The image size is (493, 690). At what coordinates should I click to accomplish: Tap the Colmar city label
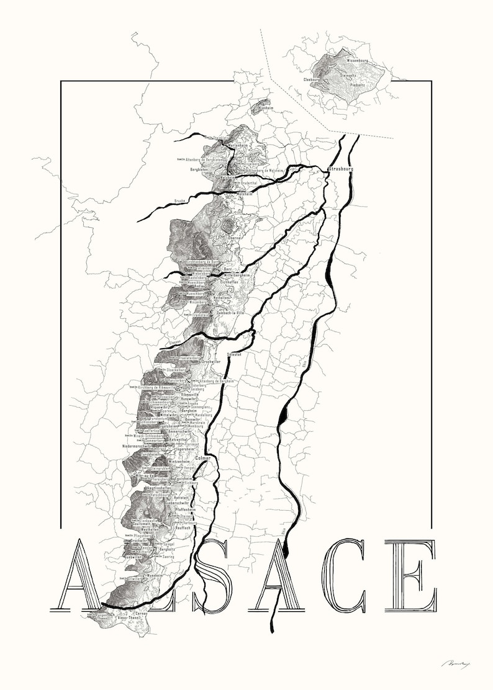click(x=203, y=459)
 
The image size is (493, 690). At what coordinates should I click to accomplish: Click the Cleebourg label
click(x=312, y=80)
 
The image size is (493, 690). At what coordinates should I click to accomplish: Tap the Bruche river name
click(x=180, y=201)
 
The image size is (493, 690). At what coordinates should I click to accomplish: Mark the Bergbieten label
click(x=202, y=169)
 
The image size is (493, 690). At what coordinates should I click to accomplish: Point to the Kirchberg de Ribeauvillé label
click(x=155, y=387)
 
